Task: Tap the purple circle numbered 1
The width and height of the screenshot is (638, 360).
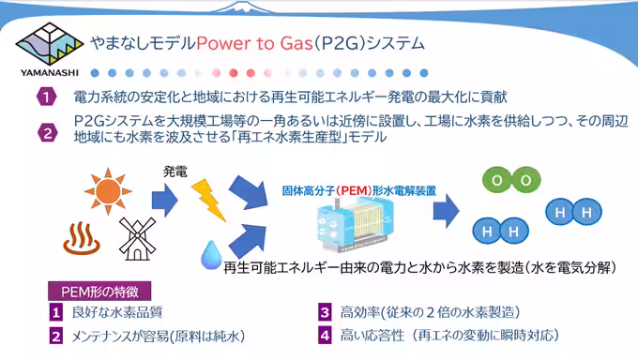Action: click(x=48, y=97)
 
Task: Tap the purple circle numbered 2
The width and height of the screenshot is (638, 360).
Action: click(x=48, y=130)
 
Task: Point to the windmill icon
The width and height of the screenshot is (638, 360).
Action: click(x=136, y=237)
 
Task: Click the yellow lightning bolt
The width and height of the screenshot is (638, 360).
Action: click(x=207, y=198)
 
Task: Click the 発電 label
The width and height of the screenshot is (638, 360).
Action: click(x=175, y=171)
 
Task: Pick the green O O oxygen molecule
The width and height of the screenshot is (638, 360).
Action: click(x=510, y=181)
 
